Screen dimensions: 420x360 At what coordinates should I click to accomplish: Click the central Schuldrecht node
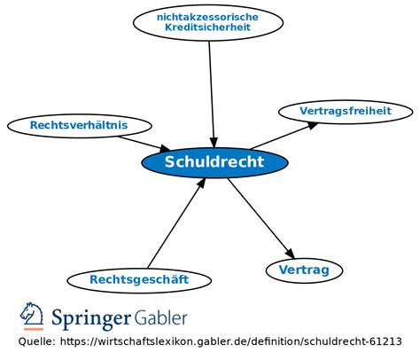(214, 162)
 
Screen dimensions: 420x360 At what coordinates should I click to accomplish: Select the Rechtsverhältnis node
(80, 126)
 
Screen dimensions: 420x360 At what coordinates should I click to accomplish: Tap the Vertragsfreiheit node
(346, 112)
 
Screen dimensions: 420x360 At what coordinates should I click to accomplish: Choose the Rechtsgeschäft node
(139, 280)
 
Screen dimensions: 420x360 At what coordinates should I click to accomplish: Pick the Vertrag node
(304, 270)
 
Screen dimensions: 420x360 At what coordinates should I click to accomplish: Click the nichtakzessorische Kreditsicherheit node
(208, 22)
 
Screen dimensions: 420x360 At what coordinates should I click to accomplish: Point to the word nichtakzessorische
(207, 17)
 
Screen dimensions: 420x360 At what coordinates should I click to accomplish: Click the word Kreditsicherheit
(207, 27)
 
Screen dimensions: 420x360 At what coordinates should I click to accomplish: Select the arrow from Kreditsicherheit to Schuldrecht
(212, 94)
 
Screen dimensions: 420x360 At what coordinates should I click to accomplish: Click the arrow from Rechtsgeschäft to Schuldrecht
(176, 223)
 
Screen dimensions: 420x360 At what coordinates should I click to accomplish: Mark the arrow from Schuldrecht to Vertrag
(261, 218)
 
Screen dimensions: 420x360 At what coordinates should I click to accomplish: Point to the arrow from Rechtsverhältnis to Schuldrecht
(144, 144)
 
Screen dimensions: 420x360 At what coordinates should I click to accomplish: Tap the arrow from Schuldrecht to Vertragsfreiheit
(284, 136)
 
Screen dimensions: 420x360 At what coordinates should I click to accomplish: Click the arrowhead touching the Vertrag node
(291, 254)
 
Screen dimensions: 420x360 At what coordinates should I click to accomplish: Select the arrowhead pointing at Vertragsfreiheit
(312, 125)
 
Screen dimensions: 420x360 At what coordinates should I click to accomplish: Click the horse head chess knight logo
(32, 316)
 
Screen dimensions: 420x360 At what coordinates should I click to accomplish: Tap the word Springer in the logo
(91, 319)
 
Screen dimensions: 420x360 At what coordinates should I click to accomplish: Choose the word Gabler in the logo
(161, 317)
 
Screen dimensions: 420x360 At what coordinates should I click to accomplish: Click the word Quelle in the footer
(36, 341)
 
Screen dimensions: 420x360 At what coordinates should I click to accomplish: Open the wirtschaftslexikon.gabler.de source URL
(231, 341)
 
